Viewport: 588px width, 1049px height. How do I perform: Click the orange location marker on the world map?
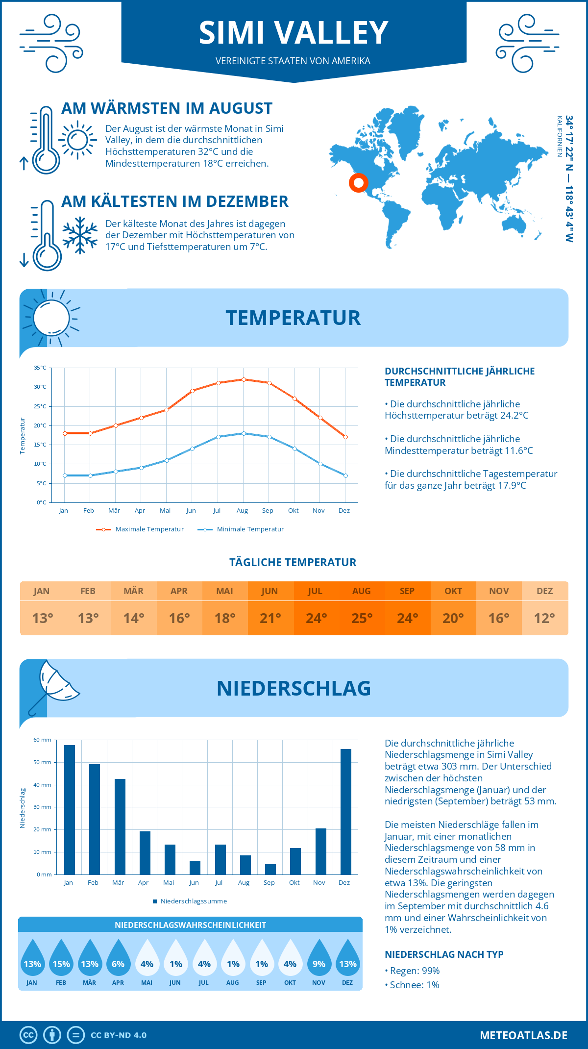click(359, 183)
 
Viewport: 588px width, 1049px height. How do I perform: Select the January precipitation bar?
click(70, 809)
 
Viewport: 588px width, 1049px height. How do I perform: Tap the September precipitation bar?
click(270, 869)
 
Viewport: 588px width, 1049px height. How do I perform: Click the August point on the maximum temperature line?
click(244, 379)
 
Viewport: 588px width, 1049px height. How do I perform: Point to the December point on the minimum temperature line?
click(345, 475)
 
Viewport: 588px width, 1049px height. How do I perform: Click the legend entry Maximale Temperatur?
click(140, 529)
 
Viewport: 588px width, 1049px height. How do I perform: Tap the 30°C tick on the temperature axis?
click(40, 387)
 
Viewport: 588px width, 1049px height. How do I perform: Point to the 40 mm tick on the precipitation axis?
click(43, 785)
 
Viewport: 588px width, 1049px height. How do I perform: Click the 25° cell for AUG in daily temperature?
click(362, 618)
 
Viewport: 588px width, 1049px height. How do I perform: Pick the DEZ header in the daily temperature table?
click(544, 591)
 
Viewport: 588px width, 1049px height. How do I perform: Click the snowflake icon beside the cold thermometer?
click(80, 235)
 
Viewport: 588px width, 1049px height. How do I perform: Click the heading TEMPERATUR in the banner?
click(293, 318)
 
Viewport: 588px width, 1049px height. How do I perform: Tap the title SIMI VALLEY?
click(294, 33)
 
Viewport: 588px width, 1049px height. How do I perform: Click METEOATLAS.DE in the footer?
click(523, 1035)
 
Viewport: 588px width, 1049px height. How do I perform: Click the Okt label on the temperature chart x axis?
click(293, 511)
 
